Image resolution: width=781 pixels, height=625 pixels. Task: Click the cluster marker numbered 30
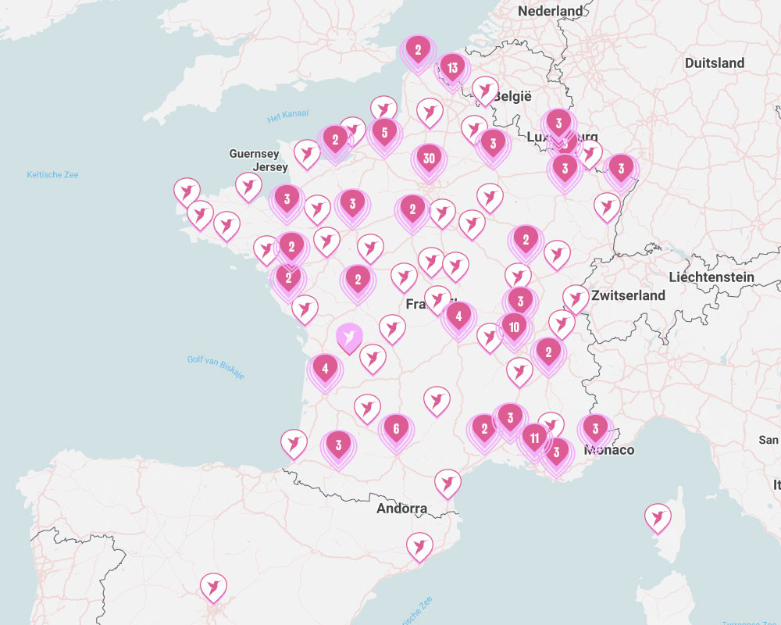click(x=428, y=159)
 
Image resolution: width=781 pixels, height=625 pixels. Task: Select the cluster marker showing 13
click(x=452, y=69)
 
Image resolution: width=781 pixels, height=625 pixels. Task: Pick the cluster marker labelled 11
click(x=534, y=438)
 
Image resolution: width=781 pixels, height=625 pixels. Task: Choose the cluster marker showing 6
click(x=396, y=429)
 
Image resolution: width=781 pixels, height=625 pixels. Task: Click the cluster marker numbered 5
click(x=384, y=133)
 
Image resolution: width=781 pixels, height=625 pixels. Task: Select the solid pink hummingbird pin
click(x=349, y=337)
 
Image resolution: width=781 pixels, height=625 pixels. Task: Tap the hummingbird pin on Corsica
click(x=658, y=517)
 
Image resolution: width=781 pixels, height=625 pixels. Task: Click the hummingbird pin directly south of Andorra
click(x=420, y=545)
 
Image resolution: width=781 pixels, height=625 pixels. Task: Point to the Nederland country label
click(x=551, y=11)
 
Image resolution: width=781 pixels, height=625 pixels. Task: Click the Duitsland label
click(x=714, y=62)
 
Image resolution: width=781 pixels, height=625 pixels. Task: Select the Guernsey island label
click(x=254, y=154)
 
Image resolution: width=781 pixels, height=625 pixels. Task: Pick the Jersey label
click(x=271, y=167)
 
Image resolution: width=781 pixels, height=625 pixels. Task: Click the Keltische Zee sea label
click(x=52, y=174)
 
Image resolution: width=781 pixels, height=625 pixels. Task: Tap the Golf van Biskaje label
click(x=216, y=367)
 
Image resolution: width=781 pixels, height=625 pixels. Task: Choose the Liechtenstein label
click(x=711, y=277)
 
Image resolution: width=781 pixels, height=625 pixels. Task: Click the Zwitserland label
click(x=628, y=295)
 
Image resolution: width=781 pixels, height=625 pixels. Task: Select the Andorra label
click(x=401, y=509)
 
